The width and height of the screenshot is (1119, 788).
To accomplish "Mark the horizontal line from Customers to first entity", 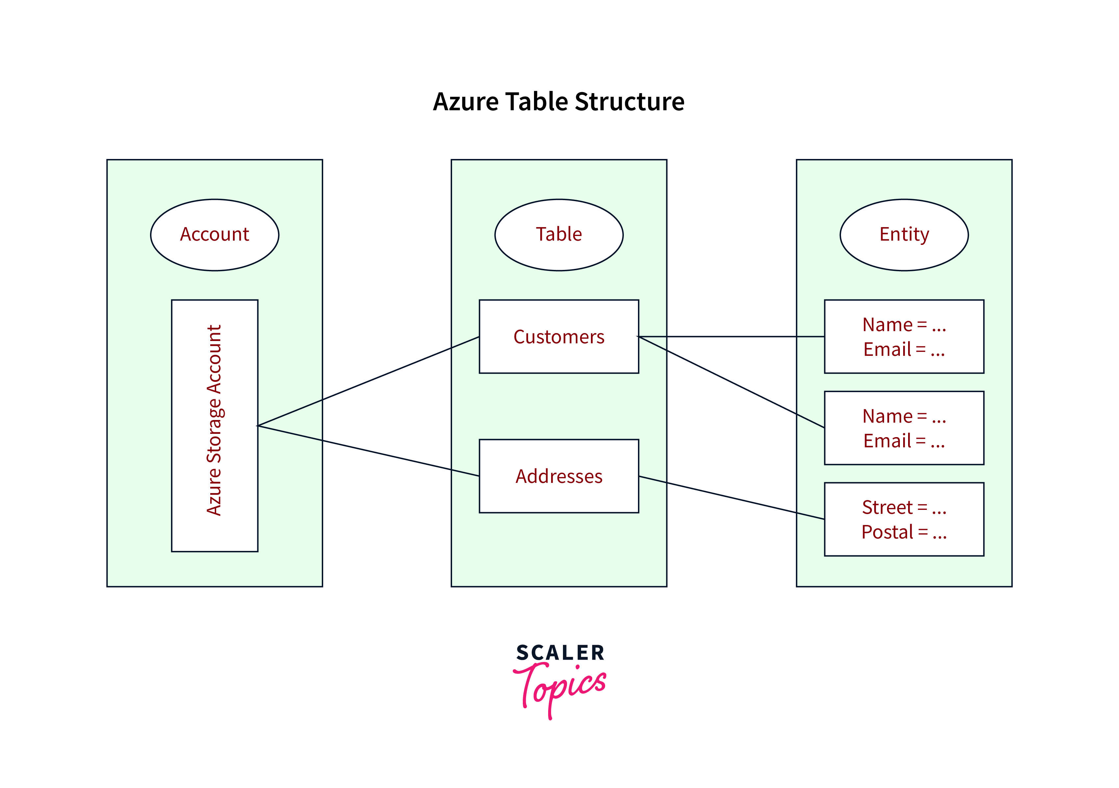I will (731, 336).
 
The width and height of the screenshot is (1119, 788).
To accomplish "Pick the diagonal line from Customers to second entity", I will (731, 382).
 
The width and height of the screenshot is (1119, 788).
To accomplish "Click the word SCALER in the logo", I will (560, 653).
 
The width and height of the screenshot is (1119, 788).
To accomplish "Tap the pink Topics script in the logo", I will (560, 688).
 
